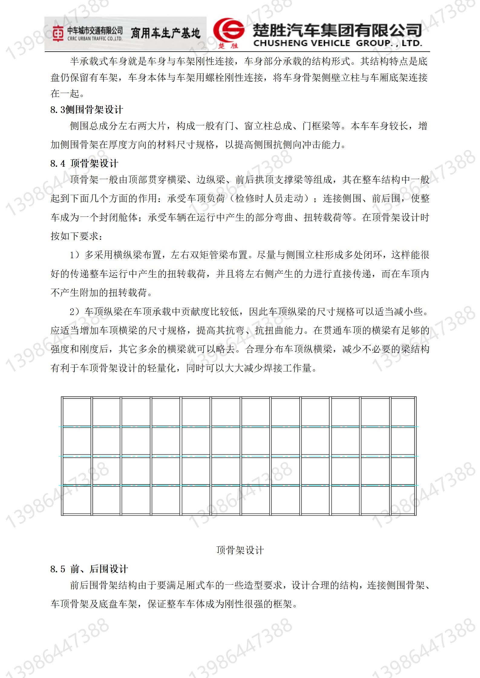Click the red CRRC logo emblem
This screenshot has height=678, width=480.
(58, 34)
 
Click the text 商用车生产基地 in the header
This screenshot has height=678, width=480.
(165, 33)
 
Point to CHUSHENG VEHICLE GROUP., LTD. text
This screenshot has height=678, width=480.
(338, 43)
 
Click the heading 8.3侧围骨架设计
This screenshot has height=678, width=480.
(87, 110)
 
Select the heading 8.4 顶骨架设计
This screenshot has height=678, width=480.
(84, 163)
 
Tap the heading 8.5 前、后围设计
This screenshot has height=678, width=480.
(89, 569)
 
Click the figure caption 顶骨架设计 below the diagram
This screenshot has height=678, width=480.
(240, 550)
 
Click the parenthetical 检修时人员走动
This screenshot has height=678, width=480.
(269, 198)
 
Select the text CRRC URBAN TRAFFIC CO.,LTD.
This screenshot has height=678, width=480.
(95, 38)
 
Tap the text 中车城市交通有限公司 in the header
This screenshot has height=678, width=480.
(95, 31)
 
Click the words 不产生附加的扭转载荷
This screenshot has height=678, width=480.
(99, 292)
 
